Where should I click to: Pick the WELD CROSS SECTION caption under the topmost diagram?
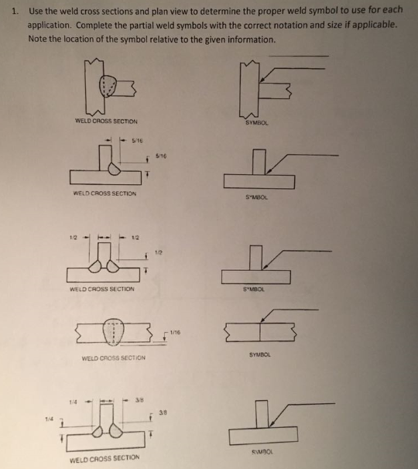click(106, 122)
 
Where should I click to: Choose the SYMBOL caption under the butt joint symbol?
click(260, 355)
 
